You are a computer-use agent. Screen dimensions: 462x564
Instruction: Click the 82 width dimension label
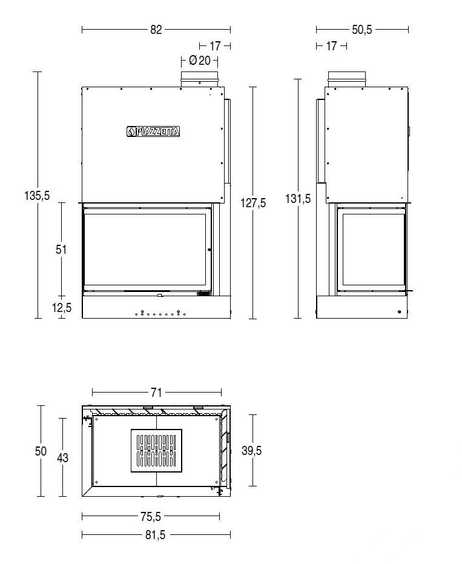(x=156, y=30)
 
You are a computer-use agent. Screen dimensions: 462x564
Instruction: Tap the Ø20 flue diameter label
(x=200, y=61)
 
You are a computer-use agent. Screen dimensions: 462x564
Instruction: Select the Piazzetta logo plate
(x=153, y=131)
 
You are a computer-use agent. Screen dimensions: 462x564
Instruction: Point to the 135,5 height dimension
(x=37, y=196)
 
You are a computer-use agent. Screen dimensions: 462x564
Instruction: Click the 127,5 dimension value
(x=253, y=203)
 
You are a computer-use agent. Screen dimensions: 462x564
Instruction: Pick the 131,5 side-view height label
(x=298, y=198)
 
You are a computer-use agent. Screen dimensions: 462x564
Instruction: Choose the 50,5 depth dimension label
(x=362, y=30)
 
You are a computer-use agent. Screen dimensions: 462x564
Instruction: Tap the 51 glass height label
(x=61, y=249)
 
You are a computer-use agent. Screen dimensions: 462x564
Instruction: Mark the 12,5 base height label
(x=62, y=308)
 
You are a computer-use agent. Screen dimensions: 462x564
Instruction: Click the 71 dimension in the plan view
(x=156, y=392)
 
